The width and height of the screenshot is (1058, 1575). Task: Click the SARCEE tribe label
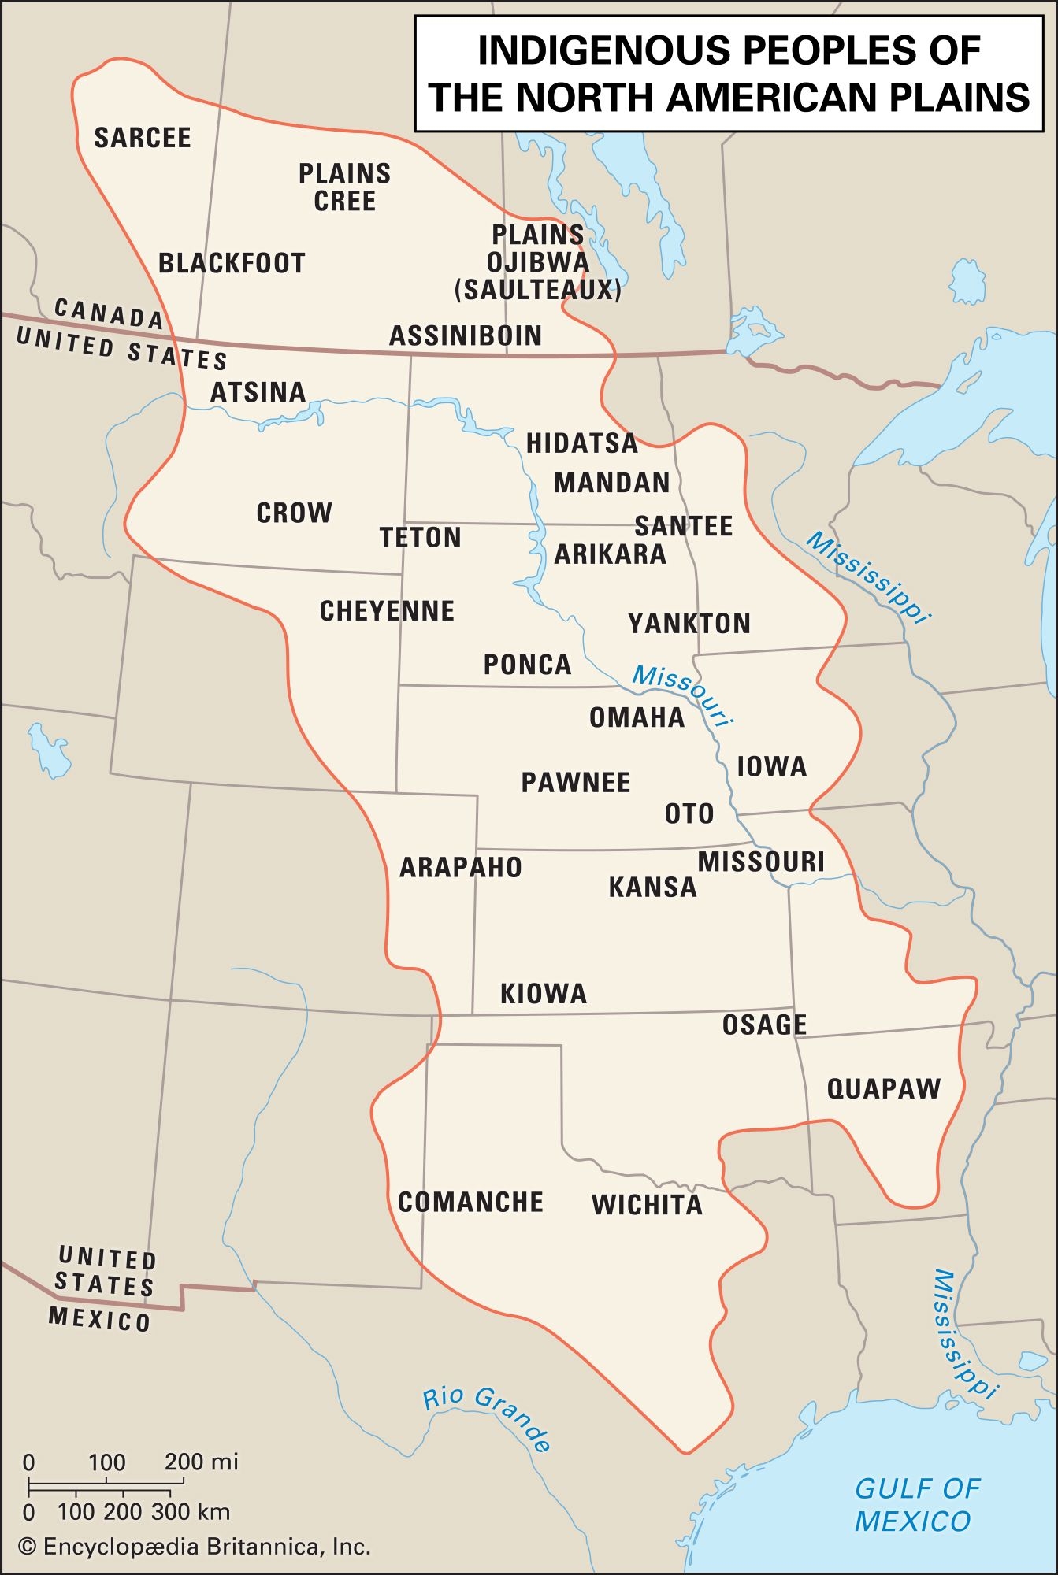(x=143, y=138)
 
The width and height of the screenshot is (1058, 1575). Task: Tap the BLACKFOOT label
(x=232, y=263)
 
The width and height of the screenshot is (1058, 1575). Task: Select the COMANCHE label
(x=470, y=1203)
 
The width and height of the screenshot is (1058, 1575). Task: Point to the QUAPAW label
(x=883, y=1089)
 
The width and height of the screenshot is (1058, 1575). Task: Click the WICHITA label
(x=647, y=1205)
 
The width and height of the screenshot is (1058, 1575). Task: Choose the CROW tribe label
(x=294, y=513)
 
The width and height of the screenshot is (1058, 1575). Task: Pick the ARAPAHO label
(x=461, y=868)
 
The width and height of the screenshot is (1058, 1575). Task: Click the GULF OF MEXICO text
(x=915, y=1504)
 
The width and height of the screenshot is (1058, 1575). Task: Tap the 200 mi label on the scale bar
(x=201, y=1462)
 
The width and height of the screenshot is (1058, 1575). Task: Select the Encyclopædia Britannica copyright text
(x=195, y=1547)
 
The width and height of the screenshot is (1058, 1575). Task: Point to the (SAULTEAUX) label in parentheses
(x=538, y=291)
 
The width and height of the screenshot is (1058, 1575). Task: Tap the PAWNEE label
(x=576, y=783)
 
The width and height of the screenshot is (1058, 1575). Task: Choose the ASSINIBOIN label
(x=466, y=336)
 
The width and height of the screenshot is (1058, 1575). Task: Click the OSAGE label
(x=764, y=1025)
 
